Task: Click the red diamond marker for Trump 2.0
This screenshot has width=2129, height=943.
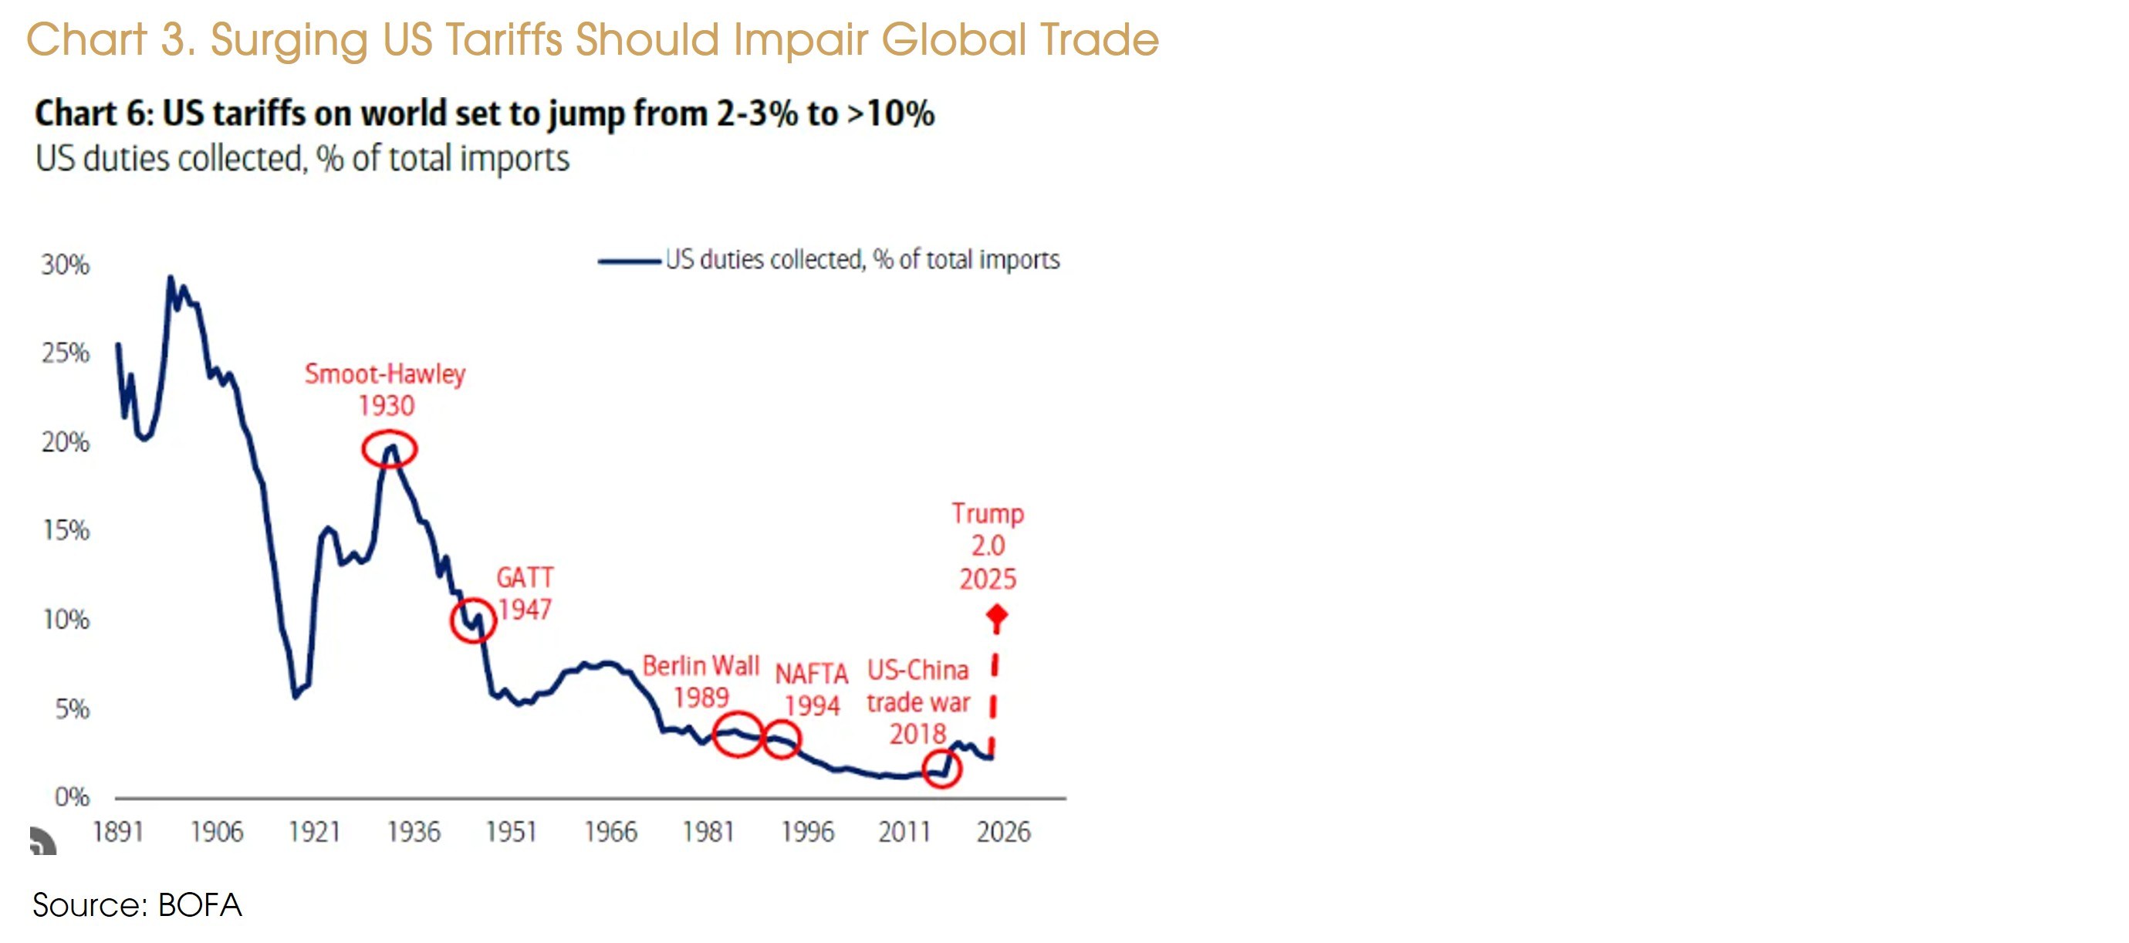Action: (997, 616)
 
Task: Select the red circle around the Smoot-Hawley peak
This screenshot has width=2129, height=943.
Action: (389, 450)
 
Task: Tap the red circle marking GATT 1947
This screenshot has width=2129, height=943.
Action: (473, 620)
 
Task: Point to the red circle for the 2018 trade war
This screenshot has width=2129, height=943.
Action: (941, 769)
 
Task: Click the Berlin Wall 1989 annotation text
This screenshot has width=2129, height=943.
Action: (701, 681)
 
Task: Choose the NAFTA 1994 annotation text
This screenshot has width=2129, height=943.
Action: (812, 689)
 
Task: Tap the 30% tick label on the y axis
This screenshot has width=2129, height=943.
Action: (66, 265)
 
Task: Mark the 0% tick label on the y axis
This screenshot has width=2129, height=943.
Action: (72, 796)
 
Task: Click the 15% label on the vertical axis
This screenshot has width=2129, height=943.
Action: (66, 530)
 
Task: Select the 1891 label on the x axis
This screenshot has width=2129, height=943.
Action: (117, 831)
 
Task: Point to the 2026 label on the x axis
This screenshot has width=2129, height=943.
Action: (1003, 831)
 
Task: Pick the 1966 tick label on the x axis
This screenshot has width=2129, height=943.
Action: (610, 831)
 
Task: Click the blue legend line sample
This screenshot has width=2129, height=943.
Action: (629, 261)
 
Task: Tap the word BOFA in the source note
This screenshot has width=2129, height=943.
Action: (199, 906)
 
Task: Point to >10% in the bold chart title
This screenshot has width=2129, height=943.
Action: (891, 113)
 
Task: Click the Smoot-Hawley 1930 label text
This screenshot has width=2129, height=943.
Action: (385, 389)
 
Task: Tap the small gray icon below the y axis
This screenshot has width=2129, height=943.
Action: (43, 841)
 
